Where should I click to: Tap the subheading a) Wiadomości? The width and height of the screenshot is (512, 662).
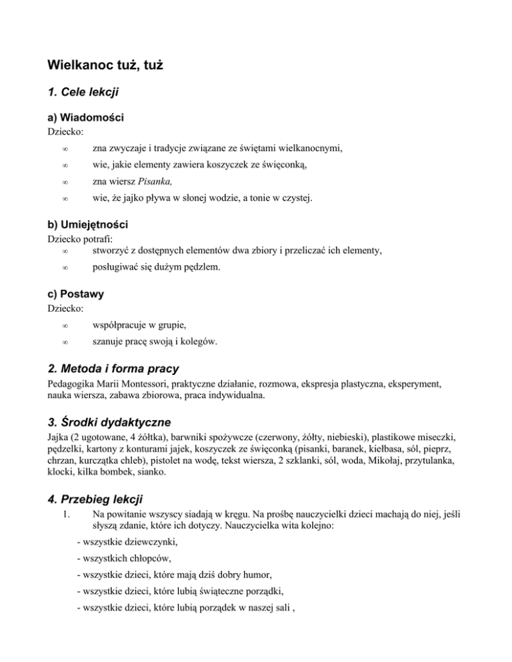85,117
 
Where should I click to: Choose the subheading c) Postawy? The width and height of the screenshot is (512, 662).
75,294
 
